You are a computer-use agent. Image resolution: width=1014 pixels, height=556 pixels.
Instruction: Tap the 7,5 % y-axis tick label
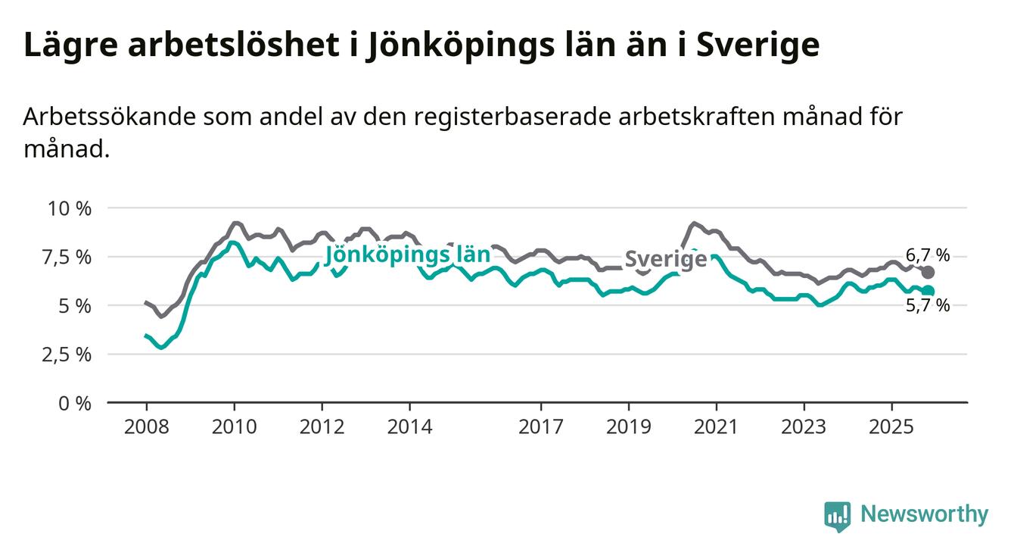tap(68, 257)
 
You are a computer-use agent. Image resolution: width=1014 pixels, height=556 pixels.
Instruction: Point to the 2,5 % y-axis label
tap(68, 355)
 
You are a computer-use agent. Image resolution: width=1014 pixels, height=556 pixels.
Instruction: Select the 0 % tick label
tap(75, 403)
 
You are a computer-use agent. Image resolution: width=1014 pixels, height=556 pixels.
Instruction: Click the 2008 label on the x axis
tap(146, 427)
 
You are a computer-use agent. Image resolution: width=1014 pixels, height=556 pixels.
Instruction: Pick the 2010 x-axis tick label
tap(234, 427)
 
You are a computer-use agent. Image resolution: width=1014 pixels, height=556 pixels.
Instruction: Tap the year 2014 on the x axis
tap(409, 427)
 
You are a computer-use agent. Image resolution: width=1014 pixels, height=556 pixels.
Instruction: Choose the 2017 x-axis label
tap(541, 427)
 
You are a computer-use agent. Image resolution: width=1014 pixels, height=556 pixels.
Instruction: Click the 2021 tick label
tap(717, 427)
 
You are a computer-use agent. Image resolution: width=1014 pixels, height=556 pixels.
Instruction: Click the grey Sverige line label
tap(666, 260)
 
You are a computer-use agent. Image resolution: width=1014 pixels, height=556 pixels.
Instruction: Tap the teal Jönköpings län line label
tap(407, 255)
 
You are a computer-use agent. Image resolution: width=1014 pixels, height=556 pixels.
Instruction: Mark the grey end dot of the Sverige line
tap(928, 272)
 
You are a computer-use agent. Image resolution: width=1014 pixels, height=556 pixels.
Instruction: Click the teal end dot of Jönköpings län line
tap(928, 291)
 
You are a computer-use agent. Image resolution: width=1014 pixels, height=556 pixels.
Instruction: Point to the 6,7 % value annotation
tap(927, 255)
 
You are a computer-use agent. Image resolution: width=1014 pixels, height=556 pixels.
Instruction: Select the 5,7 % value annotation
tap(927, 306)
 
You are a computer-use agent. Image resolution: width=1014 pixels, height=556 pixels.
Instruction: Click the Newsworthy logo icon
tap(837, 516)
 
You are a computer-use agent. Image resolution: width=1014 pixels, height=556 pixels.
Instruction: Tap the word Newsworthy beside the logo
tap(924, 515)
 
